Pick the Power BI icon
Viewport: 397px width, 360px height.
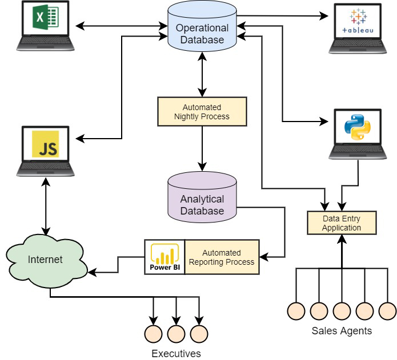[x=165, y=257]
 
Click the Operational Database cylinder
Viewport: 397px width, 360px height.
[x=202, y=32]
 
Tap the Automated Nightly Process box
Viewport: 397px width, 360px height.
[x=202, y=111]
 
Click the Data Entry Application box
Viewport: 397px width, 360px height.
[x=342, y=223]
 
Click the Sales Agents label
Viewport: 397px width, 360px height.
[x=342, y=330]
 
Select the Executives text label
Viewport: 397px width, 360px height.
[x=176, y=354]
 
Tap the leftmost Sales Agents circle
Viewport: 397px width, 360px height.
[x=296, y=310]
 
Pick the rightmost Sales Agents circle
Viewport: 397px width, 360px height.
[x=387, y=310]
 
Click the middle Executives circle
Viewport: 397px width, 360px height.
[x=176, y=333]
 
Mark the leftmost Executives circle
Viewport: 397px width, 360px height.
[x=153, y=333]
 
